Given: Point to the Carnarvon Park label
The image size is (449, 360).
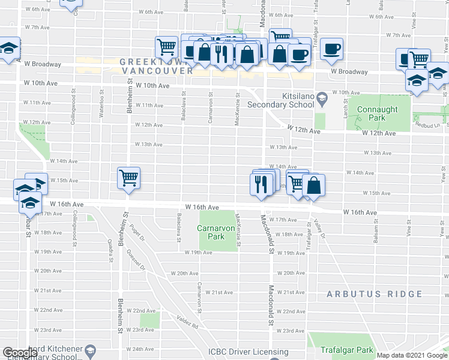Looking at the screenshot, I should (211, 232).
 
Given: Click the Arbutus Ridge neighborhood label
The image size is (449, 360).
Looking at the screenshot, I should (375, 294).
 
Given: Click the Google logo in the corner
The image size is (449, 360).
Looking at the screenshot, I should (20, 353).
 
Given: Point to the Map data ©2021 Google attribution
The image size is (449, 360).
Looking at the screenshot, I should (412, 355).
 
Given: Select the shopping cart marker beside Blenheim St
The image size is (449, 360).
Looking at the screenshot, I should (128, 178).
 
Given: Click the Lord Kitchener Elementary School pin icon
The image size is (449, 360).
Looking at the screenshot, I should (90, 350).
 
